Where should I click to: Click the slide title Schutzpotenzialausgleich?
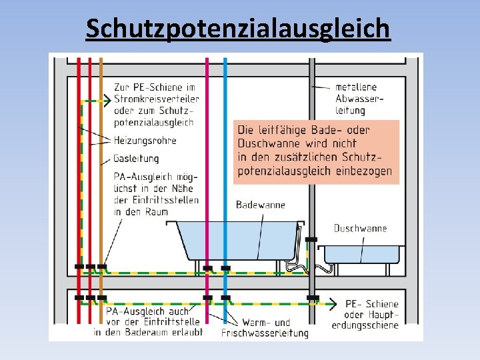[x=238, y=29]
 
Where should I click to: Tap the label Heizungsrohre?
[x=145, y=141]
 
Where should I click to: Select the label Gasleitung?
[x=136, y=159]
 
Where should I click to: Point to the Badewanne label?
[x=260, y=205]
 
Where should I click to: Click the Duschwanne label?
[x=360, y=228]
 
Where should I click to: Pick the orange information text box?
[x=317, y=151]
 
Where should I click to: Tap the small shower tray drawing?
[x=362, y=255]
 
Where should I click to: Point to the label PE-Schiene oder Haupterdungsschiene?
[x=371, y=314]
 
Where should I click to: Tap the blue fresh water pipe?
[x=225, y=167]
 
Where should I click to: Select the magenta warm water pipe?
[x=207, y=167]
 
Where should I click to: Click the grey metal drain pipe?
[x=311, y=167]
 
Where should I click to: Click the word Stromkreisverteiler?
[x=157, y=99]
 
